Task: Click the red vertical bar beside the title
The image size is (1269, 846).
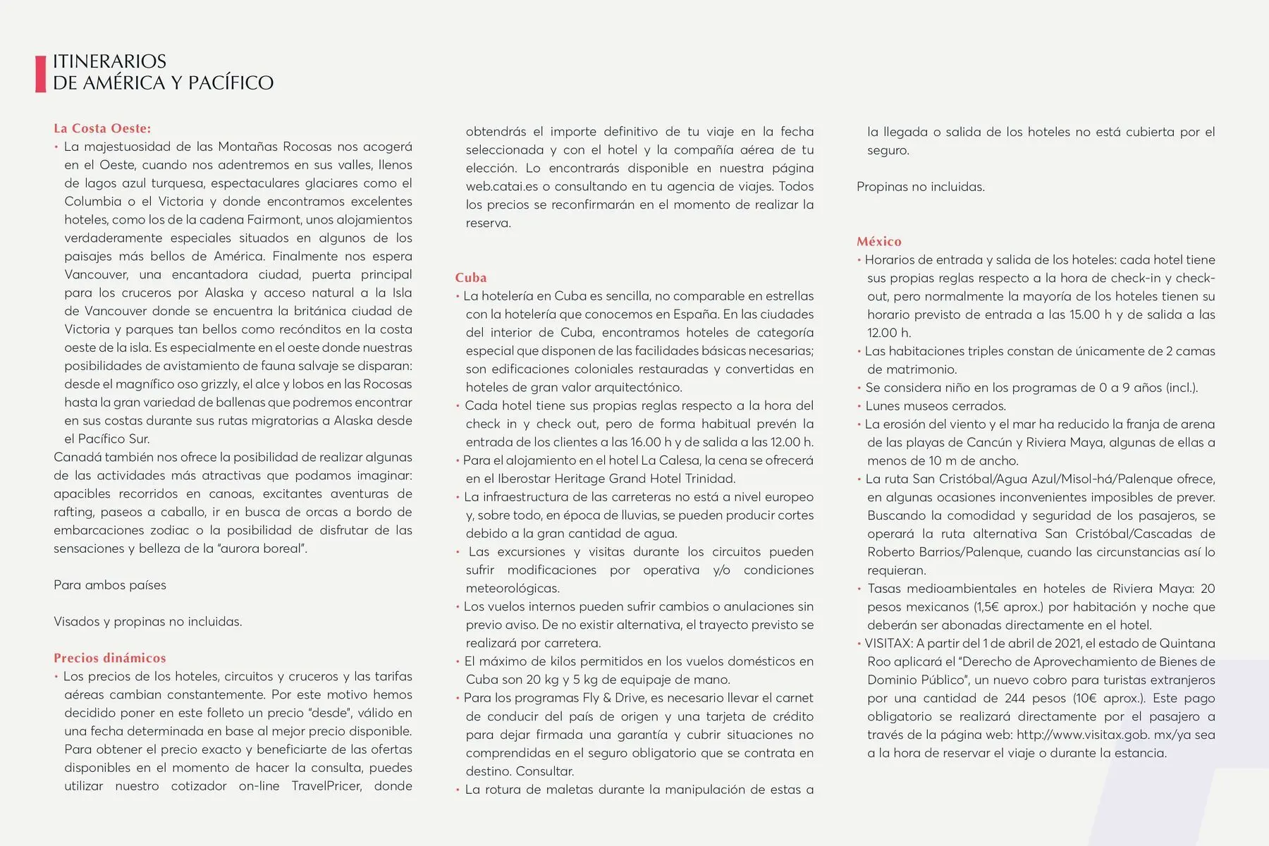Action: coord(40,73)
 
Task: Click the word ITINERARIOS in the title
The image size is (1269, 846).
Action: coord(109,61)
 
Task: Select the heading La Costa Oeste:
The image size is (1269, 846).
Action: coord(102,128)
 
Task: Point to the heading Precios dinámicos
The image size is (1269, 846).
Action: coord(110,658)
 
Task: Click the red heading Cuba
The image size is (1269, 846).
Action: coord(470,278)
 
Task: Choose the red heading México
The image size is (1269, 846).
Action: coord(878,241)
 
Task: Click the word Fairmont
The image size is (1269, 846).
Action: coord(293,220)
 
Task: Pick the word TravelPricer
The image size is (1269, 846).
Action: coord(326,786)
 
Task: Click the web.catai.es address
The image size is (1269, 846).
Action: coord(501,187)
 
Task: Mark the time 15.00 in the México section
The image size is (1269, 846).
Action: coord(1084,314)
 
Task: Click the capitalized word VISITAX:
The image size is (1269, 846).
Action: coord(889,644)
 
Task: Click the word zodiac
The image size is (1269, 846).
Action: coord(170,530)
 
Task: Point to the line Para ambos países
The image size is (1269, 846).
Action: coord(110,585)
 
